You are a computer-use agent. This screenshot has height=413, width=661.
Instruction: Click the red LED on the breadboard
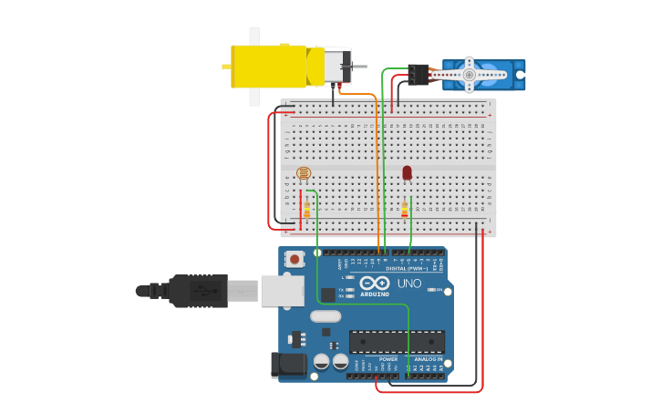tap(407, 172)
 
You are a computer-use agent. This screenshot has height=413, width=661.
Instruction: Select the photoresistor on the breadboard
tap(304, 173)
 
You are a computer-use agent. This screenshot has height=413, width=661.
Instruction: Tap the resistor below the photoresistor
tap(306, 210)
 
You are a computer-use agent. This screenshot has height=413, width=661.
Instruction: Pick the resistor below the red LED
tap(405, 210)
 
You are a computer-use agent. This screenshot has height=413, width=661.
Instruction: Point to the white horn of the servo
tap(469, 74)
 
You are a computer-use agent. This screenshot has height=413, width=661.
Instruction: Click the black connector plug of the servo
tap(418, 74)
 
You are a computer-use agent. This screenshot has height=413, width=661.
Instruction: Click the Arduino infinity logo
tap(375, 283)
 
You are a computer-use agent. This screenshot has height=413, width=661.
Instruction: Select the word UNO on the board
tap(409, 284)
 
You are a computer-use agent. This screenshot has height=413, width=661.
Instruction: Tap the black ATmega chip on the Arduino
tap(397, 342)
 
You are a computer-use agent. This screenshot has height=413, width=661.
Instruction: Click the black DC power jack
tap(289, 365)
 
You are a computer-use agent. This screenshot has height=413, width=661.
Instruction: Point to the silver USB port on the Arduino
tap(283, 290)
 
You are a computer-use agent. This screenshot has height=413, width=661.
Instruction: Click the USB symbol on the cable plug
tap(208, 291)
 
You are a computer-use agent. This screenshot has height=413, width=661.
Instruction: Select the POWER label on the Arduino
tap(388, 359)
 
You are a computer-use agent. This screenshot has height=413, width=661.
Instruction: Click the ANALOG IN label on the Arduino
tap(428, 359)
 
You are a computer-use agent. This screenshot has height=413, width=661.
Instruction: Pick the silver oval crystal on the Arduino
tap(325, 316)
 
